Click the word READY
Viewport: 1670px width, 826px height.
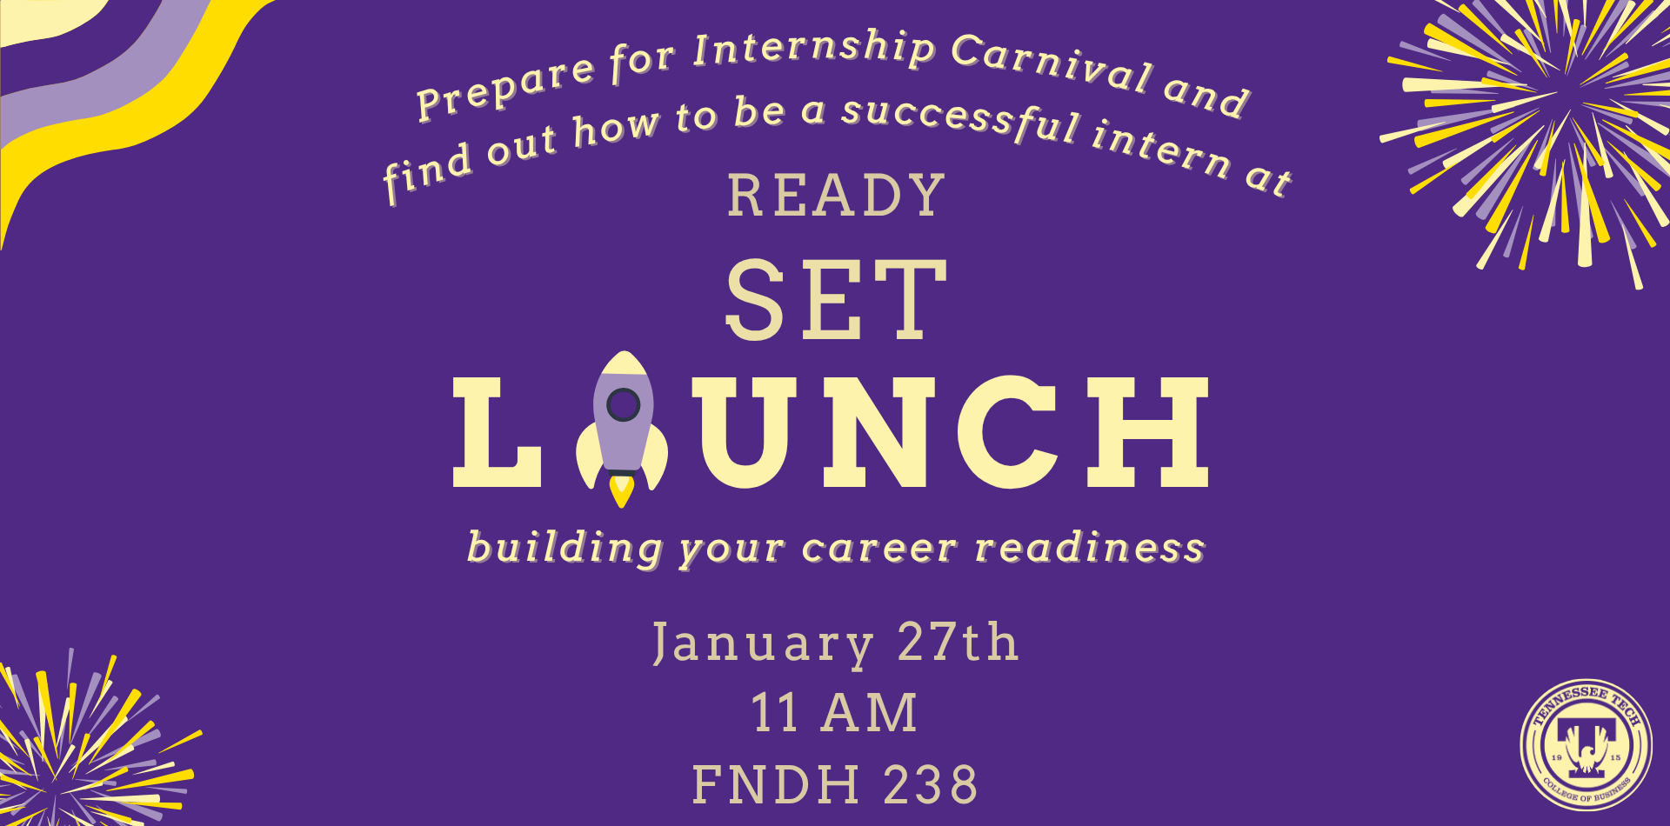click(836, 196)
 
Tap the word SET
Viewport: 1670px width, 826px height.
click(836, 300)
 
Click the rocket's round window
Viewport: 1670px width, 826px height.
click(623, 404)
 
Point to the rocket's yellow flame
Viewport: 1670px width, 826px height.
click(621, 490)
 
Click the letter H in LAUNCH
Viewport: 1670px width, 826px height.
click(1151, 432)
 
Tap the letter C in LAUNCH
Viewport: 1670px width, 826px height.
click(1009, 432)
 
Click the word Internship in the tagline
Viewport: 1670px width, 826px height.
click(813, 49)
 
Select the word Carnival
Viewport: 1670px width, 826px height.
click(1052, 63)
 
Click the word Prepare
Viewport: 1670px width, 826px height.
click(504, 89)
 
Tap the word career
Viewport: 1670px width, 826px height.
click(879, 548)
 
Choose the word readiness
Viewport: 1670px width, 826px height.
click(1090, 548)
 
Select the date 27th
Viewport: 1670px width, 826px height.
click(958, 643)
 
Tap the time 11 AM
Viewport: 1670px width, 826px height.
click(834, 714)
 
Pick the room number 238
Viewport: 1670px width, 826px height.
click(931, 784)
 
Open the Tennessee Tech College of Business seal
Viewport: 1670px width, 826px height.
click(1586, 745)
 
